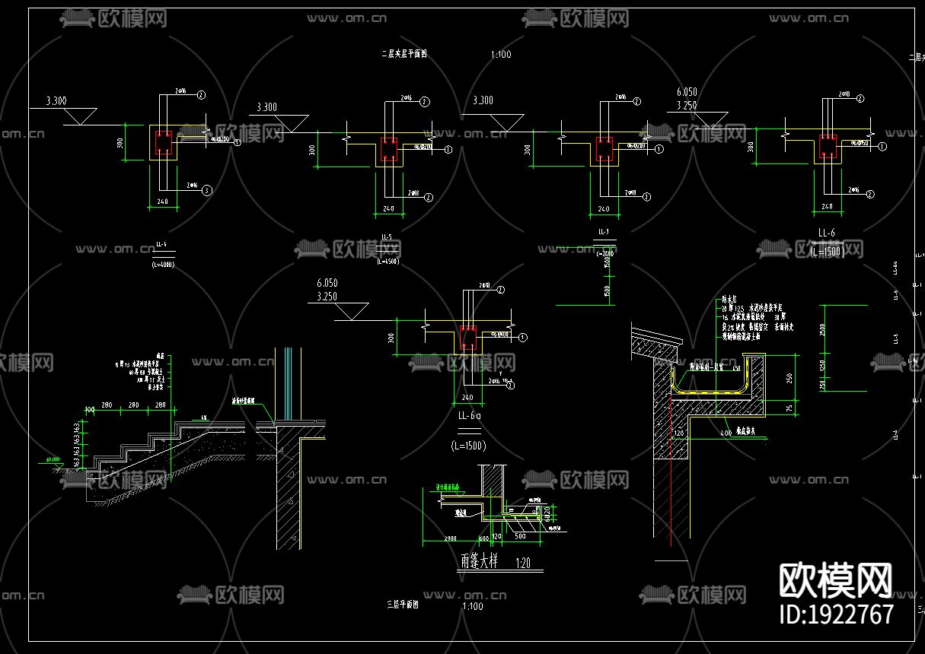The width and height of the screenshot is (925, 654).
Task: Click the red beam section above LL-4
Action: pyautogui.click(x=163, y=142)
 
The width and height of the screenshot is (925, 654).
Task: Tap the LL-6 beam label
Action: pyautogui.click(x=827, y=233)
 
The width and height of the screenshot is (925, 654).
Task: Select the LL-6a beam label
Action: pyautogui.click(x=468, y=416)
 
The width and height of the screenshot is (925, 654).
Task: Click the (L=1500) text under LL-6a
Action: pyautogui.click(x=468, y=445)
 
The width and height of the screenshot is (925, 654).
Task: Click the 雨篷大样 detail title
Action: pyautogui.click(x=479, y=562)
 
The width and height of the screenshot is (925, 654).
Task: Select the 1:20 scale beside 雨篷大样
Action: pyautogui.click(x=523, y=564)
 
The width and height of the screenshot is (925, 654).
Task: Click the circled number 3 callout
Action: pyautogui.click(x=206, y=191)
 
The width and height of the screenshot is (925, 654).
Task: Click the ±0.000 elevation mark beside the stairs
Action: pyautogui.click(x=53, y=459)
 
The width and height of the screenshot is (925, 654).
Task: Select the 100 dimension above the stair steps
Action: pyautogui.click(x=90, y=409)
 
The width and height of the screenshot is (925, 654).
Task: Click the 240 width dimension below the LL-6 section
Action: pyautogui.click(x=827, y=206)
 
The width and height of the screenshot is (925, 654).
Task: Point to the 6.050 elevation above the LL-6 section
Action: pyautogui.click(x=686, y=92)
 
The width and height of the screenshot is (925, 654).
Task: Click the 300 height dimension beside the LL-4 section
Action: pyautogui.click(x=123, y=142)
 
